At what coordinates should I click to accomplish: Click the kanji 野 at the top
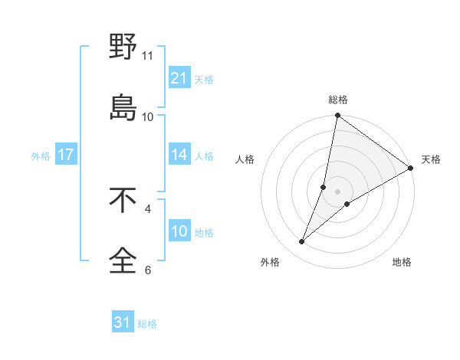[123, 47]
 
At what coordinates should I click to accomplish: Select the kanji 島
[123, 106]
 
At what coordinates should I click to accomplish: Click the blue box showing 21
[179, 77]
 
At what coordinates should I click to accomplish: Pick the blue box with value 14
[179, 155]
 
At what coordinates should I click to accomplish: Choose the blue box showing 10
[179, 231]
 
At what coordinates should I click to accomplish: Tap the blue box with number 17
[66, 155]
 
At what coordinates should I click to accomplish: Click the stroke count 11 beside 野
[148, 56]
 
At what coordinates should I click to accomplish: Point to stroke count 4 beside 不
[148, 208]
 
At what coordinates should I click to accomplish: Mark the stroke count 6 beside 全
[148, 269]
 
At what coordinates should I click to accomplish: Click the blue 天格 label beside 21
[204, 79]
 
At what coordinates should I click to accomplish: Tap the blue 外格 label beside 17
[41, 155]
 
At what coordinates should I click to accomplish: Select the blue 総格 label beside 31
[147, 324]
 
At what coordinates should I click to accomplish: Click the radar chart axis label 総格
[338, 100]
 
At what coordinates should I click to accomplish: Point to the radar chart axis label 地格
[402, 262]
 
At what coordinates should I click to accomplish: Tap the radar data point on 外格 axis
[302, 242]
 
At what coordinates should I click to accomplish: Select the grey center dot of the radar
[338, 191]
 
